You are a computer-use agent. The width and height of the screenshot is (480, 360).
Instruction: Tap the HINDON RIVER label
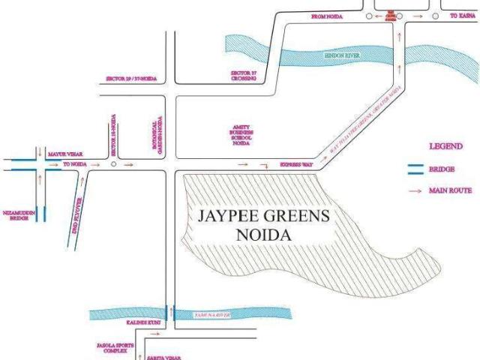343,55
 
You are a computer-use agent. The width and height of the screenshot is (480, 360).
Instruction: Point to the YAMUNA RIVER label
208,316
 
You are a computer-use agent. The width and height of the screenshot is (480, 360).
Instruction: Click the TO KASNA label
462,16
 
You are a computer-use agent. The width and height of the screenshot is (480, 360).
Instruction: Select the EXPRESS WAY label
295,163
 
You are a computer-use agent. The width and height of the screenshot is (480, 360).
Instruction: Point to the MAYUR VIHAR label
64,154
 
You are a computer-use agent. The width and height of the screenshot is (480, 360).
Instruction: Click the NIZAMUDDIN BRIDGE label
19,214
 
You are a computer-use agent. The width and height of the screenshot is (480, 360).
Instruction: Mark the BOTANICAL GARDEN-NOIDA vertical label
157,136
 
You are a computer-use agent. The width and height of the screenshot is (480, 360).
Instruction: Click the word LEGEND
445,146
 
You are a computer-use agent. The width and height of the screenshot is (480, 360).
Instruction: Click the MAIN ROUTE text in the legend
449,190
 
